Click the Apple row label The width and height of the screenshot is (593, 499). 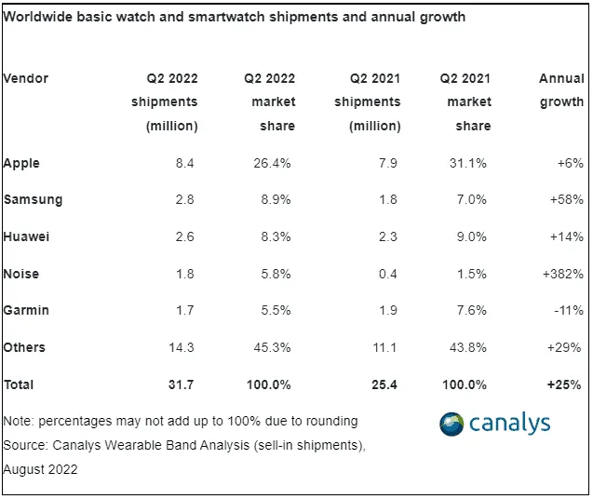(x=21, y=163)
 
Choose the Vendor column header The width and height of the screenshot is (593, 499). (x=26, y=78)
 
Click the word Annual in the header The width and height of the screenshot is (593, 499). (x=561, y=78)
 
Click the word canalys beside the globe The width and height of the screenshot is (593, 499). (x=510, y=424)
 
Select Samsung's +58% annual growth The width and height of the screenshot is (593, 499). (x=567, y=199)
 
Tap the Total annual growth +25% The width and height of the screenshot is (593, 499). (x=566, y=384)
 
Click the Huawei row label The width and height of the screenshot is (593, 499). (x=27, y=236)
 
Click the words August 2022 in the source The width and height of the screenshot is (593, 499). (x=41, y=470)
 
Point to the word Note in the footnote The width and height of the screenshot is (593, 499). (x=18, y=421)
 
